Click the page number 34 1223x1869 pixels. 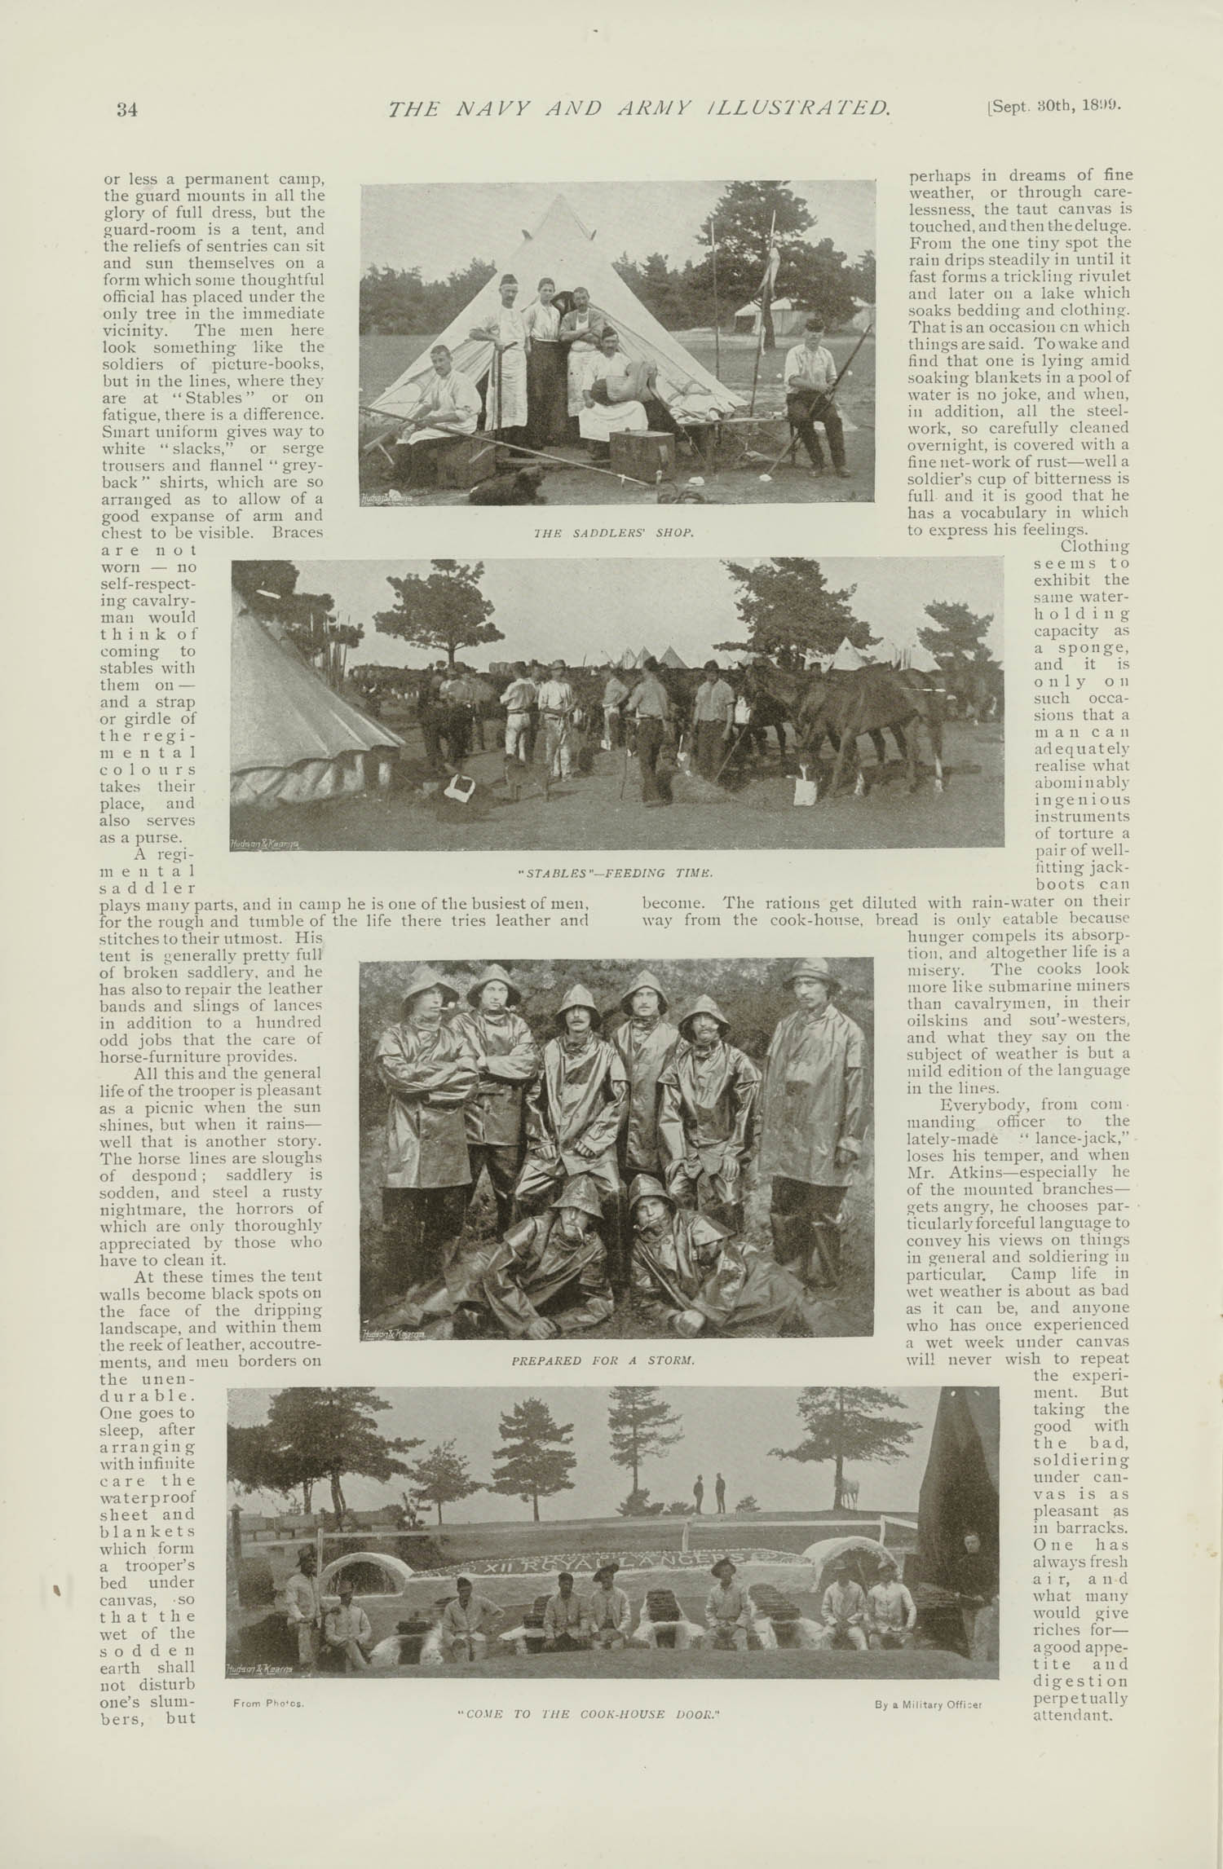[x=126, y=110]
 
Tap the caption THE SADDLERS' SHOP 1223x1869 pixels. [x=613, y=533]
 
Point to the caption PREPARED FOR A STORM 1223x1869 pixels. [x=603, y=1360]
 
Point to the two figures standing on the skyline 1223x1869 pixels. [x=708, y=1492]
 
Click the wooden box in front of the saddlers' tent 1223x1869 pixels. [x=642, y=456]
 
